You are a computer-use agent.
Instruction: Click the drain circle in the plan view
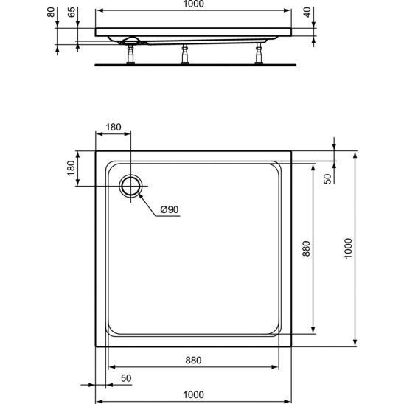pos(132,187)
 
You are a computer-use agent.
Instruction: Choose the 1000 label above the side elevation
pos(193,5)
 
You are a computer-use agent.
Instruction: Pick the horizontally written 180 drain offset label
pos(114,128)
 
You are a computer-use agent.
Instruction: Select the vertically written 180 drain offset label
pos(72,168)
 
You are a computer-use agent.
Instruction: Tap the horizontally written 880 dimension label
pos(193,361)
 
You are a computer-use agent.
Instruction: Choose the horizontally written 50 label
pos(125,379)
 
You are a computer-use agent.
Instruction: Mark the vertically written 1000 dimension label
pos(349,252)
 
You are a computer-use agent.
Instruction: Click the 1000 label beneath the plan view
pos(193,395)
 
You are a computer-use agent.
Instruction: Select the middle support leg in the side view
pos(184,55)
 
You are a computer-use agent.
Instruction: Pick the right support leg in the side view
pos(259,55)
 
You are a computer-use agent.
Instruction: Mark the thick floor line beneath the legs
pos(195,63)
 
